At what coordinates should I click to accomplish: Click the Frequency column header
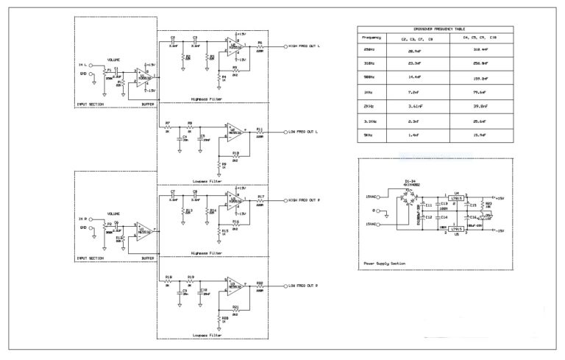coord(369,37)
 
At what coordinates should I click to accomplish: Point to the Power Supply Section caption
coord(385,263)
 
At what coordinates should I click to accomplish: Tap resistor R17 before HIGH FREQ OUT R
coord(260,200)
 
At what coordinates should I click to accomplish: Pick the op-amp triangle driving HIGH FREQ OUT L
coord(237,46)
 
